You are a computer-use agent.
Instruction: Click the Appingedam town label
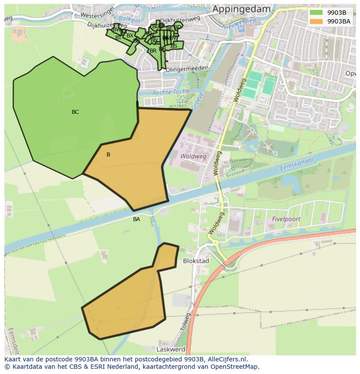[241, 9]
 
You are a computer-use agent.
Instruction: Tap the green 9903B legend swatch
[316, 12]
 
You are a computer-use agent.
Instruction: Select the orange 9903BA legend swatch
[316, 21]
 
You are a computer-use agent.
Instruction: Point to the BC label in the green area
[75, 112]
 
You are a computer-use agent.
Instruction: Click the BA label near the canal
[137, 219]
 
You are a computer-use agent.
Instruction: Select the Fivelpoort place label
[286, 219]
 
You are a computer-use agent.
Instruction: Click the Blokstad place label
[196, 261]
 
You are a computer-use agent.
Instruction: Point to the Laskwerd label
[171, 349]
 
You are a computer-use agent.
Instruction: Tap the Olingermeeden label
[187, 69]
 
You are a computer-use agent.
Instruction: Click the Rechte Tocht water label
[170, 92]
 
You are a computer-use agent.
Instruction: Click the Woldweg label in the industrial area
[193, 156]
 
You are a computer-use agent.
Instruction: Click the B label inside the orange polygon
[108, 155]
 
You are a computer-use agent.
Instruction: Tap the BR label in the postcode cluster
[153, 51]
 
